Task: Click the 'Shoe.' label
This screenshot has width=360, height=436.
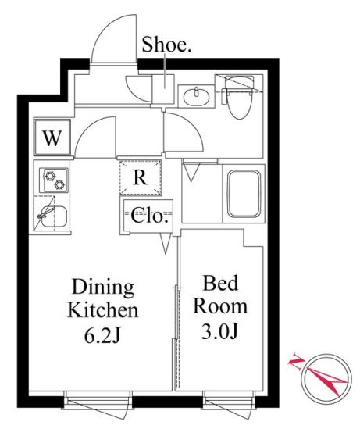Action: click(166, 45)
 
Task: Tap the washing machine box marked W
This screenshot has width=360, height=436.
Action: click(52, 137)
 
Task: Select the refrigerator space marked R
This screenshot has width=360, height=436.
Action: click(141, 177)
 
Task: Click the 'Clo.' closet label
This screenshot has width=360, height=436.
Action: click(150, 216)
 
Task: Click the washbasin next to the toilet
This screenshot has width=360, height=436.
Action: click(196, 96)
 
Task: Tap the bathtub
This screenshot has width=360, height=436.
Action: click(244, 194)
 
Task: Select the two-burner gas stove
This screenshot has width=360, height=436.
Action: click(54, 180)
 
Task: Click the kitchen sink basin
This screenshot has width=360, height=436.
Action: click(53, 216)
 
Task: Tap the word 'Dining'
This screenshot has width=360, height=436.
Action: click(103, 288)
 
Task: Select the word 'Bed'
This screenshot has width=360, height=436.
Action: click(220, 283)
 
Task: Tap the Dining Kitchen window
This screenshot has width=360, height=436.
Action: click(98, 400)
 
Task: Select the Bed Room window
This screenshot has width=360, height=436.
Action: click(229, 400)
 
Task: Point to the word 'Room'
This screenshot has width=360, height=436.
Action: click(220, 306)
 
